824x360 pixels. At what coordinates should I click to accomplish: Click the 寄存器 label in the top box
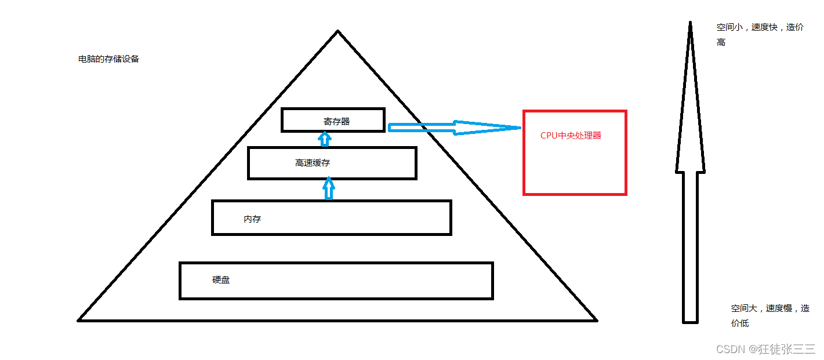[336, 122]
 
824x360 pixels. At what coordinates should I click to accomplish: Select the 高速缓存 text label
[313, 163]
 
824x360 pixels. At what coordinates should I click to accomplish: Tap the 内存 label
[252, 220]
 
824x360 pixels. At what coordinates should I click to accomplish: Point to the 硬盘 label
[221, 280]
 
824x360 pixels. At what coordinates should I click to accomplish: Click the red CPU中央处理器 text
[571, 136]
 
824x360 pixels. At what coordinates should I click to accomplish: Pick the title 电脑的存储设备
[108, 59]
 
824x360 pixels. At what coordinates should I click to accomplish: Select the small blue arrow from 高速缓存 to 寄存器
[325, 139]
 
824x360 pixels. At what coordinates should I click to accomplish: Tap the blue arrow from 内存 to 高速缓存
[329, 188]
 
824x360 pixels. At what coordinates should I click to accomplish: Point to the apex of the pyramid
[338, 32]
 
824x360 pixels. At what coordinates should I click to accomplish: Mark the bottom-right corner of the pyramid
[596, 319]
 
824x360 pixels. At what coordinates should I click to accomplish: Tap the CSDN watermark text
[730, 349]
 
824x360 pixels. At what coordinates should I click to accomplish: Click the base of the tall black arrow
[690, 320]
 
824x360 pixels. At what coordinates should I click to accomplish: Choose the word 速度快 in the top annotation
[764, 27]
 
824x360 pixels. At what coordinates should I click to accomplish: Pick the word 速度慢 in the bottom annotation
[779, 308]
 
